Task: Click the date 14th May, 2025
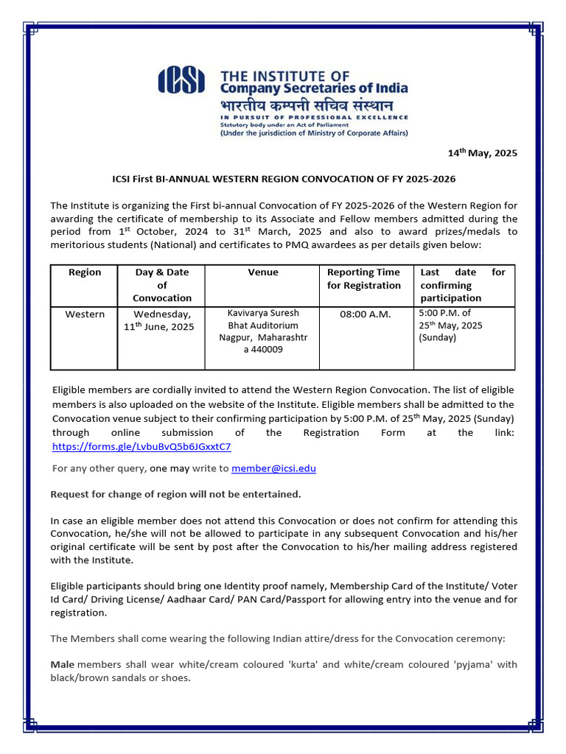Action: pyautogui.click(x=483, y=153)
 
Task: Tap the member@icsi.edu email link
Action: pyautogui.click(x=273, y=468)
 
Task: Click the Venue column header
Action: pyautogui.click(x=263, y=272)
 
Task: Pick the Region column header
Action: pyautogui.click(x=85, y=272)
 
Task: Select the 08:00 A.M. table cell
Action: pyautogui.click(x=365, y=314)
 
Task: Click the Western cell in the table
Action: pyautogui.click(x=85, y=314)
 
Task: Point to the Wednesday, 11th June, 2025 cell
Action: pyautogui.click(x=162, y=320)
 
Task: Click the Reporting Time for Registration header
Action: pyautogui.click(x=364, y=278)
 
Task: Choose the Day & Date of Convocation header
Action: pyautogui.click(x=162, y=284)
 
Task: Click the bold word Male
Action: pyautogui.click(x=63, y=664)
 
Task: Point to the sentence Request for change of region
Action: pyautogui.click(x=175, y=493)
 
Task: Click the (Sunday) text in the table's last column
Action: pyautogui.click(x=438, y=338)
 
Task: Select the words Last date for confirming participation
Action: pyautogui.click(x=462, y=285)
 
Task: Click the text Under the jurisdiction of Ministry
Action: pyautogui.click(x=314, y=133)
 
